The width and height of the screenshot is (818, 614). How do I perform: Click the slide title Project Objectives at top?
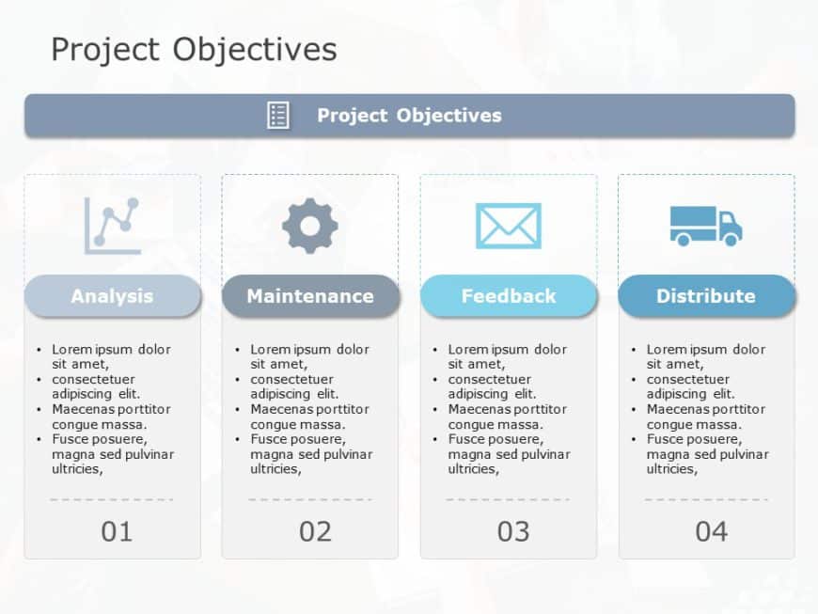(194, 49)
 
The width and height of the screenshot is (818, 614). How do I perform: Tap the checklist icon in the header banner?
(278, 116)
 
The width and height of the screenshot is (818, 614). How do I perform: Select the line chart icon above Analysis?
(113, 226)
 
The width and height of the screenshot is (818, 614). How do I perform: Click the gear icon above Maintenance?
(310, 226)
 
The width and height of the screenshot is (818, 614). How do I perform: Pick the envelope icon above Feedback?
(508, 226)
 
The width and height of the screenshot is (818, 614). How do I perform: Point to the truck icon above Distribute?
(706, 226)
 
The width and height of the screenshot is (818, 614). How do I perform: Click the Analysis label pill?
(112, 296)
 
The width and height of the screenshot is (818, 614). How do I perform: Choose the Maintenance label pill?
(310, 296)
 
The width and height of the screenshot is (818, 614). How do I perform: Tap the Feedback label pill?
(508, 296)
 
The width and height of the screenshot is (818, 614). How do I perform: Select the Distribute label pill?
(706, 296)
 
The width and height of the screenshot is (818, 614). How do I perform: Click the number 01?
(117, 532)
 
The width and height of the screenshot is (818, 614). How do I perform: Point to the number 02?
(315, 532)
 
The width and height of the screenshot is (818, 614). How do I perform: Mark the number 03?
(513, 532)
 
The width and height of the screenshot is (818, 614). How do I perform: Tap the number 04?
(711, 532)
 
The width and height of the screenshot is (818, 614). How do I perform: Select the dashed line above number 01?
(112, 499)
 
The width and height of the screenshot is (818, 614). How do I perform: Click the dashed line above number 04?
(706, 499)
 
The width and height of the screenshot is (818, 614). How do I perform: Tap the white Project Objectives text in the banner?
(409, 116)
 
